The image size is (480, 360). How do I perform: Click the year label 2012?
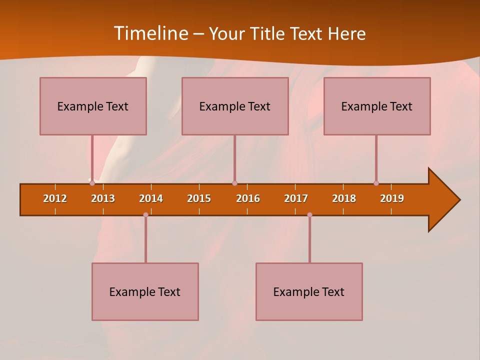(x=55, y=198)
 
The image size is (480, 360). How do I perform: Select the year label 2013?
(x=103, y=198)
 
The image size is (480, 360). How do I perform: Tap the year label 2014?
(x=151, y=198)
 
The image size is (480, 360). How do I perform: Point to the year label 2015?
(x=199, y=198)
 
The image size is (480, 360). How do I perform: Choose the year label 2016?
(x=248, y=198)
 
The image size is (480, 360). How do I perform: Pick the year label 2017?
(x=296, y=198)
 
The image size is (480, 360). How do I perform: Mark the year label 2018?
(x=344, y=198)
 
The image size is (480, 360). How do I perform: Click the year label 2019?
(x=392, y=198)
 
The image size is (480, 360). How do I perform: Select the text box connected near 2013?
(x=93, y=106)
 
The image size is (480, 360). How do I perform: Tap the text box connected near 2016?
(x=235, y=106)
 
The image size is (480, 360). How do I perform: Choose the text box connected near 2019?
(x=377, y=106)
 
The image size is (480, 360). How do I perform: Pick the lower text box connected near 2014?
(x=145, y=291)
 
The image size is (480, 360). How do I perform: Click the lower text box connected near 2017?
(x=309, y=291)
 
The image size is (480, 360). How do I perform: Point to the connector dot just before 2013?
(x=92, y=183)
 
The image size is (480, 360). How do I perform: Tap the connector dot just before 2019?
(x=376, y=183)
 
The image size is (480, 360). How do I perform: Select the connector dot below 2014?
(x=145, y=214)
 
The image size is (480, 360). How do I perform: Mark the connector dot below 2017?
(x=309, y=214)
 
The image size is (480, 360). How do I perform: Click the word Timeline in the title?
(x=151, y=33)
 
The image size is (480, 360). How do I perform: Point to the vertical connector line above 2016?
(x=234, y=157)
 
